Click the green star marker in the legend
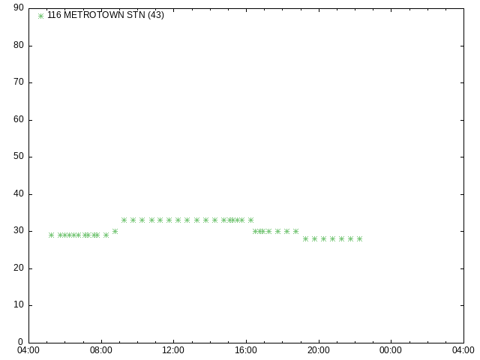coord(40,16)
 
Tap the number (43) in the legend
coord(156,15)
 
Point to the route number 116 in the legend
coord(54,15)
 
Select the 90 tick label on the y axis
coord(19,7)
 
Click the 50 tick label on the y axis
coord(19,156)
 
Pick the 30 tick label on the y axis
coord(19,230)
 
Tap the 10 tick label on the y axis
coord(19,304)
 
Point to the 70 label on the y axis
coord(19,82)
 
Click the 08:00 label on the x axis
coord(101,350)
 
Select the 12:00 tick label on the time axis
coord(173,350)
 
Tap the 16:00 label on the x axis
coord(246,350)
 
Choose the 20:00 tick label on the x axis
coord(319,350)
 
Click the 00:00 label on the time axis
coord(391,350)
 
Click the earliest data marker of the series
coord(52,235)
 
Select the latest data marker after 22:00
coord(360,238)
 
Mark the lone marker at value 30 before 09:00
coord(115,232)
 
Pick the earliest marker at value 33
coord(124,220)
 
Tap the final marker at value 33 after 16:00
coord(250,220)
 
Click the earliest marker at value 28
coord(305,238)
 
